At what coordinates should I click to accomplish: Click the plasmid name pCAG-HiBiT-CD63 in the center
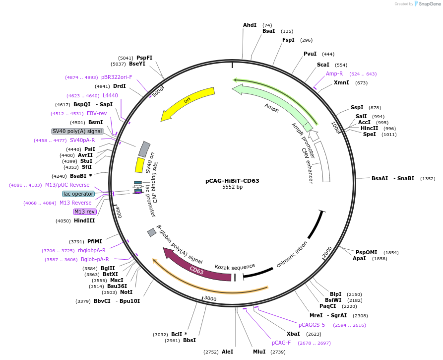[x=232, y=181]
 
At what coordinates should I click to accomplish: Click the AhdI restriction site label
[x=250, y=25]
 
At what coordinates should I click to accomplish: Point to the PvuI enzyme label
[x=310, y=54]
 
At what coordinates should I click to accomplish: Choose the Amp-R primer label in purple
[x=334, y=73]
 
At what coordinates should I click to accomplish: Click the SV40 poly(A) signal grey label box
[x=77, y=131]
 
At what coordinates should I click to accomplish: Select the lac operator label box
[x=78, y=194]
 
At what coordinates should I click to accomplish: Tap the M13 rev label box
[x=84, y=212]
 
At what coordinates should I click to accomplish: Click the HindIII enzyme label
[x=84, y=220]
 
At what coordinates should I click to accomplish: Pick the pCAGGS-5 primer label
[x=312, y=325]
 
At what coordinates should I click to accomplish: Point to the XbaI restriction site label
[x=293, y=334]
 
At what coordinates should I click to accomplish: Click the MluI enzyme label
[x=259, y=352]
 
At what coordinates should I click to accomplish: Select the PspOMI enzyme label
[x=367, y=252]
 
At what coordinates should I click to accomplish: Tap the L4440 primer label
[x=110, y=95]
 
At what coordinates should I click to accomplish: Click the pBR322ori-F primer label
[x=117, y=77]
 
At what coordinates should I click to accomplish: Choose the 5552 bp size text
[x=232, y=187]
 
